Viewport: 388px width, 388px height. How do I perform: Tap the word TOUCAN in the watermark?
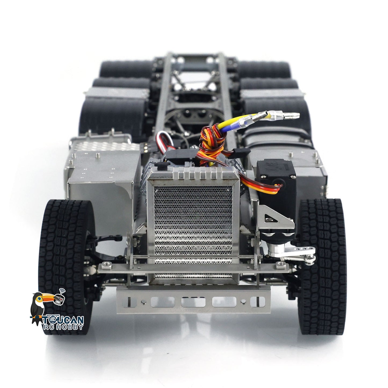(x=63, y=320)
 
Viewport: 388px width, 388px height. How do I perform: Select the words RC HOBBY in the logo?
(x=63, y=327)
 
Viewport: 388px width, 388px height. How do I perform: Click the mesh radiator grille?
(x=193, y=231)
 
